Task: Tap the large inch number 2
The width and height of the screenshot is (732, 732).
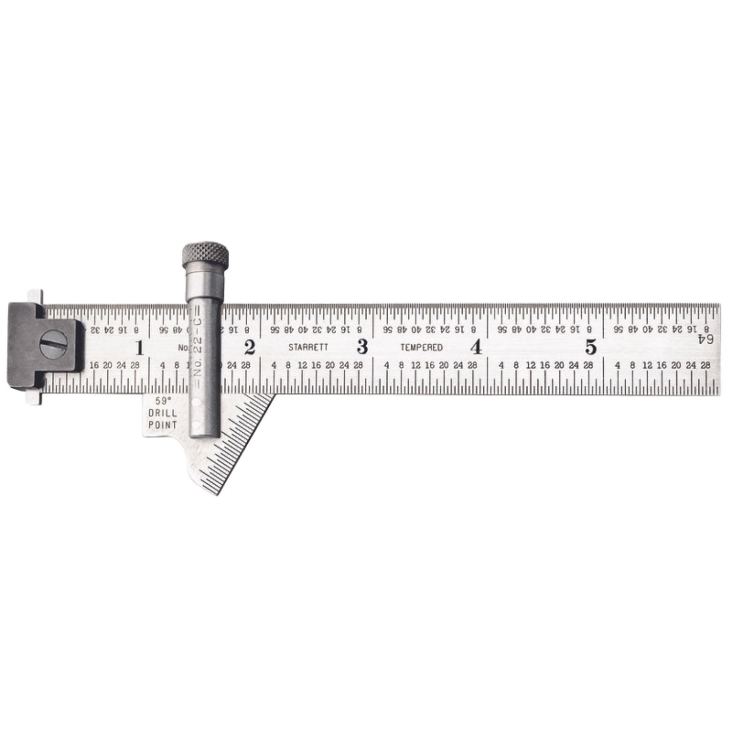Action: (x=250, y=348)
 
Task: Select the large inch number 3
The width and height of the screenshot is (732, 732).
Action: (x=362, y=347)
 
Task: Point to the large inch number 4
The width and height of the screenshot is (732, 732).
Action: (x=476, y=347)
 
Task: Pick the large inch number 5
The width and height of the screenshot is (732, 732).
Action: (x=591, y=347)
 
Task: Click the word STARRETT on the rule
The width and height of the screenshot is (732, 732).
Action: (x=308, y=348)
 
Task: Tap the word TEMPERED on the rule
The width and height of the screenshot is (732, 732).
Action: (x=421, y=348)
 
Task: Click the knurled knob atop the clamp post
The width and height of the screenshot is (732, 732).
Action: (x=205, y=255)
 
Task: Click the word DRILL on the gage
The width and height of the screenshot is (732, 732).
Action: (x=163, y=414)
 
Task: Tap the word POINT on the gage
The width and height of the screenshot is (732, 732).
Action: (x=163, y=425)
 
